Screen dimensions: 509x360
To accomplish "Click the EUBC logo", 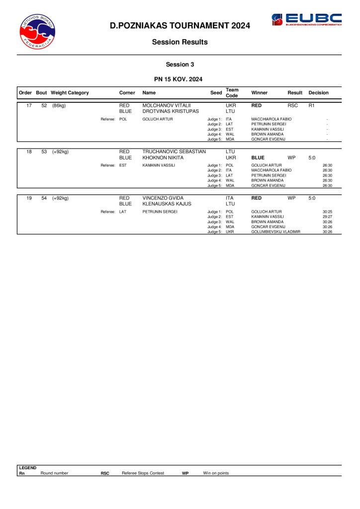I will (306, 20).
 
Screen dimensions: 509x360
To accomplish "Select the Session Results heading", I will (180, 42).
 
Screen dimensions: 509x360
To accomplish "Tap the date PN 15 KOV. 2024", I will (180, 79).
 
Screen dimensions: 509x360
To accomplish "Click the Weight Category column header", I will (70, 93).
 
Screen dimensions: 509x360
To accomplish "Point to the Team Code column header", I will (232, 93).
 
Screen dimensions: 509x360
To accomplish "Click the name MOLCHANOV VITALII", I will (164, 106).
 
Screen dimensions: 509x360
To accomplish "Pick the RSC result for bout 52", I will (292, 106).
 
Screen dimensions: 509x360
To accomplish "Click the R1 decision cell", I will (312, 106).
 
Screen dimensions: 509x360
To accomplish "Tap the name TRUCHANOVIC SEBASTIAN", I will (174, 152).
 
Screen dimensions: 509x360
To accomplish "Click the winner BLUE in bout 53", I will (258, 158).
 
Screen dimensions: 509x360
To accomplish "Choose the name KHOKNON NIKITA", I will (162, 158).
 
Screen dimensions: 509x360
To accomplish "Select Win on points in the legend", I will (216, 473).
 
